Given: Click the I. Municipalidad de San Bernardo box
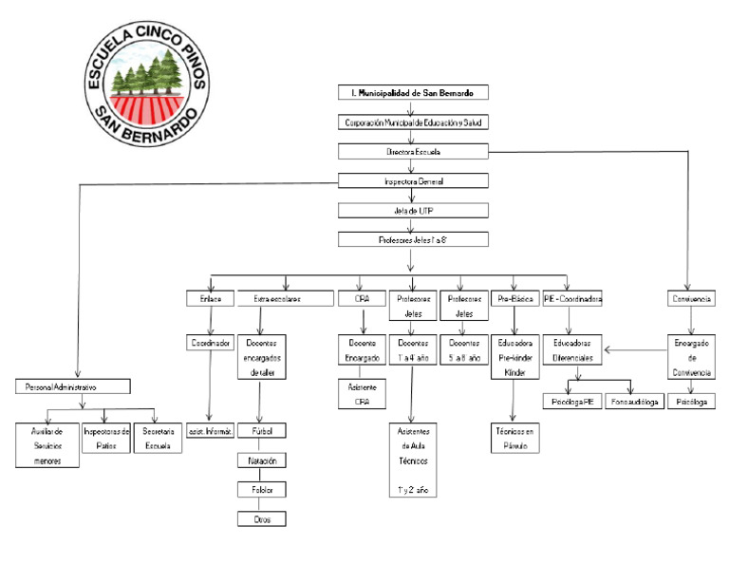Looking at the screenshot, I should tap(413, 93).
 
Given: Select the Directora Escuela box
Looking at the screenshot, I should tap(413, 151).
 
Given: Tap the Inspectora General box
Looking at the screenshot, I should tap(413, 180).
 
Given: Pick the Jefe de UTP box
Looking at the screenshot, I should tap(413, 211).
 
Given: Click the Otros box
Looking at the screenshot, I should tap(261, 518).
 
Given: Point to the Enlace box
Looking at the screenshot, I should tap(210, 299).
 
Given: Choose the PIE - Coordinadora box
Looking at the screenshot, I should tap(572, 299).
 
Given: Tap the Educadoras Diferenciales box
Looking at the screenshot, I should tap(572, 350).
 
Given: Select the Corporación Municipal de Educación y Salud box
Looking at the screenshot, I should tap(413, 122).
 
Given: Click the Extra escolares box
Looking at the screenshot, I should tap(276, 299).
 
